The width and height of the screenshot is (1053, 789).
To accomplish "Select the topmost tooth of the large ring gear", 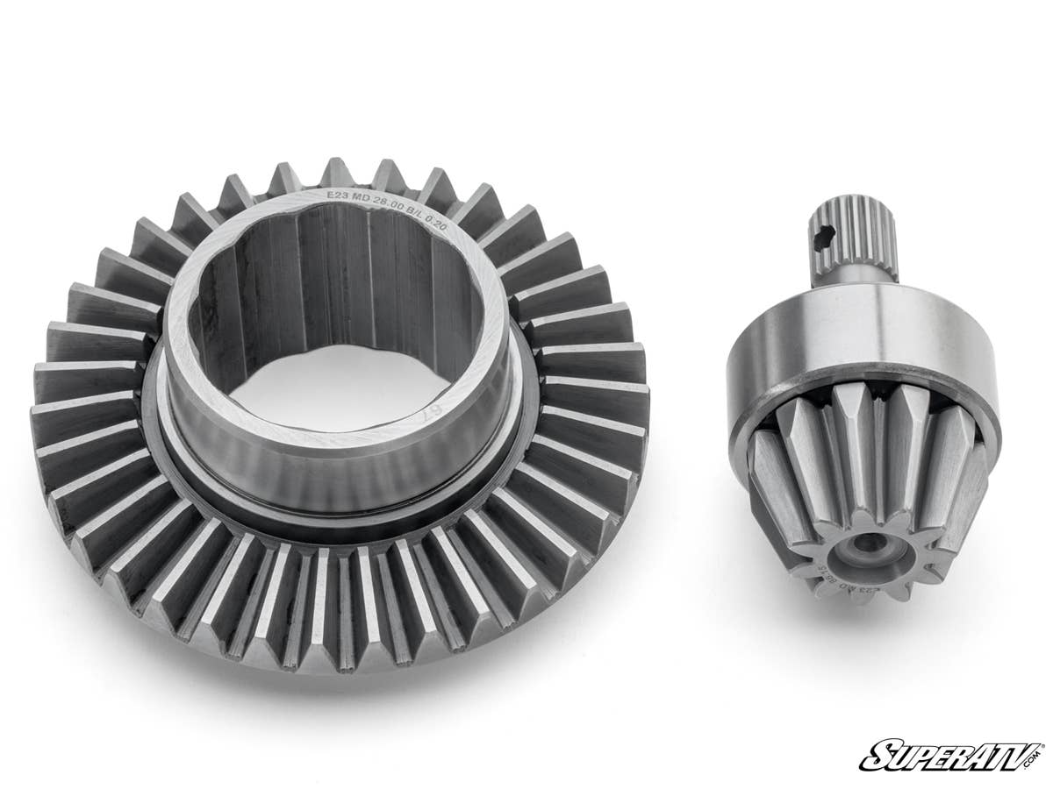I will click(338, 173).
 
